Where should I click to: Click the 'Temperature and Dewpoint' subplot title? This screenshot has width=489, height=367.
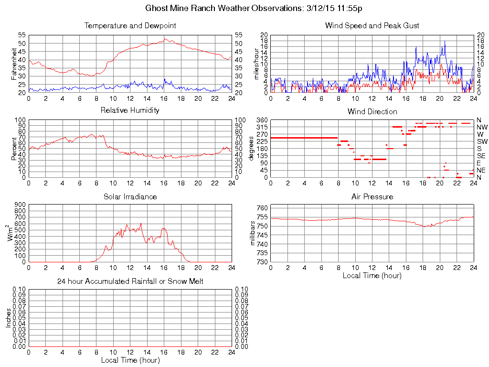click(130, 26)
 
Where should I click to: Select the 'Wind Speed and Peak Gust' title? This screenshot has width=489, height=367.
click(372, 26)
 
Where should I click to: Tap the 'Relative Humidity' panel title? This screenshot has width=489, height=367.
click(130, 111)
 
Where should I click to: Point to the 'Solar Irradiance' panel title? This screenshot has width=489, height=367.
click(130, 196)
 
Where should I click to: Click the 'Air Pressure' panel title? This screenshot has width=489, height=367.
click(372, 196)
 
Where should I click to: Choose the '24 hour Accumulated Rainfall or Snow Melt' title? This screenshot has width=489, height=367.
click(130, 281)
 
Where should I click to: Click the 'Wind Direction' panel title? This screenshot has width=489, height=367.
click(372, 111)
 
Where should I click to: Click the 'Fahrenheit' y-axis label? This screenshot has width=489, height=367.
click(14, 64)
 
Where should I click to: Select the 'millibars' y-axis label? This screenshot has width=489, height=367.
click(254, 234)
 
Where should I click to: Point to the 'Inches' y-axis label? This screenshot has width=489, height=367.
click(8, 317)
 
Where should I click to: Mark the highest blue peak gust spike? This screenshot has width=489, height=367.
click(445, 41)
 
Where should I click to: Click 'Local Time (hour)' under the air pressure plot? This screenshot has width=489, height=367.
click(372, 275)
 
